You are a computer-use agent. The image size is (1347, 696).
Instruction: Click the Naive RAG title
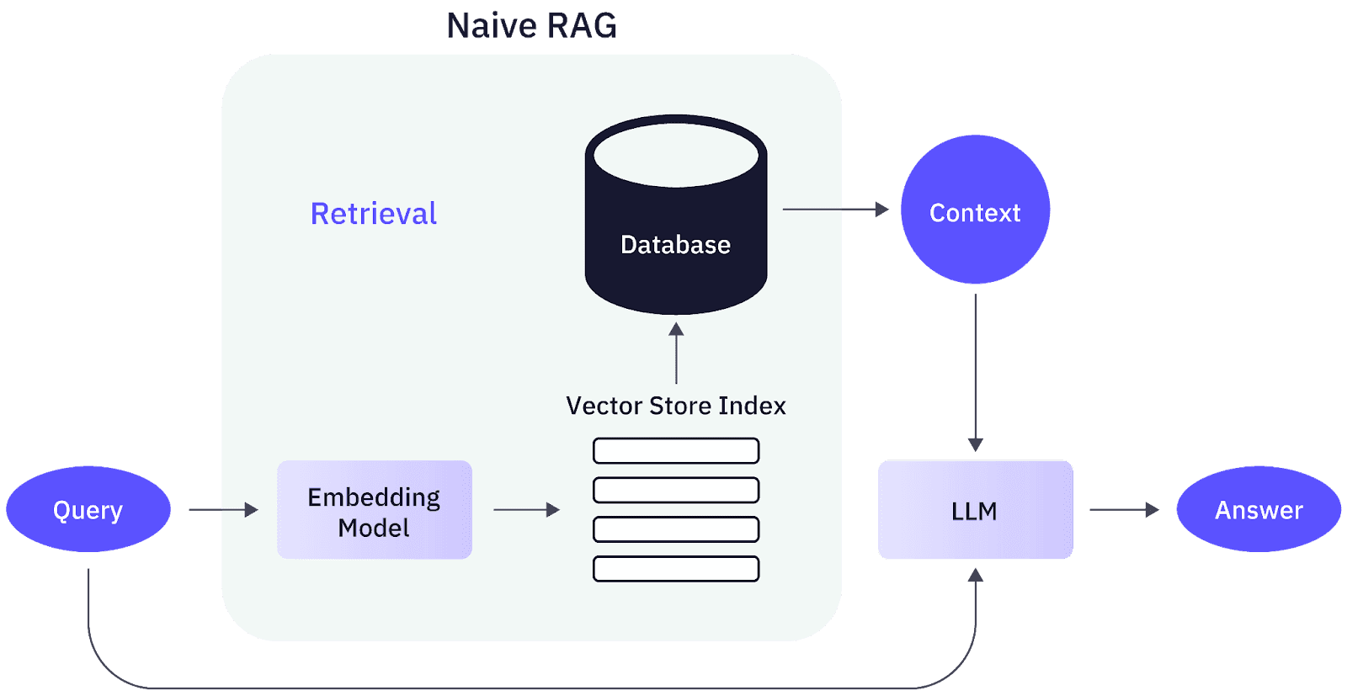[531, 25]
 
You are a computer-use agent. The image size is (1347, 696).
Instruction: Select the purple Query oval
[88, 509]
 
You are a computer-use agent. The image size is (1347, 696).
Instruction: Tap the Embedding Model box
[375, 510]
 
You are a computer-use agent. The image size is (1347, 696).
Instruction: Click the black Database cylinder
[676, 252]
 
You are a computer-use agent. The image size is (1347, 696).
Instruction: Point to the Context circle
[975, 210]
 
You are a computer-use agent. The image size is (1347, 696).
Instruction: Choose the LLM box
[975, 510]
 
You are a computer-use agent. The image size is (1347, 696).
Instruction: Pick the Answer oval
[1259, 509]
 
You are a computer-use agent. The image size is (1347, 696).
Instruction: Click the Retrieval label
[374, 214]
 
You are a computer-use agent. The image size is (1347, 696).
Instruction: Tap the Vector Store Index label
[676, 406]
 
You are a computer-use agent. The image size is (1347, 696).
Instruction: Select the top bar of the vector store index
[676, 451]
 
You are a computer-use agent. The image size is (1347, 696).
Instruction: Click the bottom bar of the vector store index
[676, 569]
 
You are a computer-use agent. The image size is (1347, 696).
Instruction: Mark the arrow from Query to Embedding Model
[223, 509]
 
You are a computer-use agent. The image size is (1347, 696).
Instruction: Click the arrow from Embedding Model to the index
[526, 509]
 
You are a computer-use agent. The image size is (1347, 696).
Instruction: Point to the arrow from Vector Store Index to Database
[676, 353]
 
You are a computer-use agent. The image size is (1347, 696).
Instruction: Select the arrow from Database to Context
[835, 209]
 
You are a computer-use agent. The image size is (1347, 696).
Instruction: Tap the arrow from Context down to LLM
[976, 370]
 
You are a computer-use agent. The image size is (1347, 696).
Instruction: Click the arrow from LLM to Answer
[1124, 509]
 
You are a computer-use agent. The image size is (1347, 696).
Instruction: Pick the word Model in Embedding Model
[374, 529]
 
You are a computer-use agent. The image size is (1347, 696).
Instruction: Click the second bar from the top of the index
[676, 490]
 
